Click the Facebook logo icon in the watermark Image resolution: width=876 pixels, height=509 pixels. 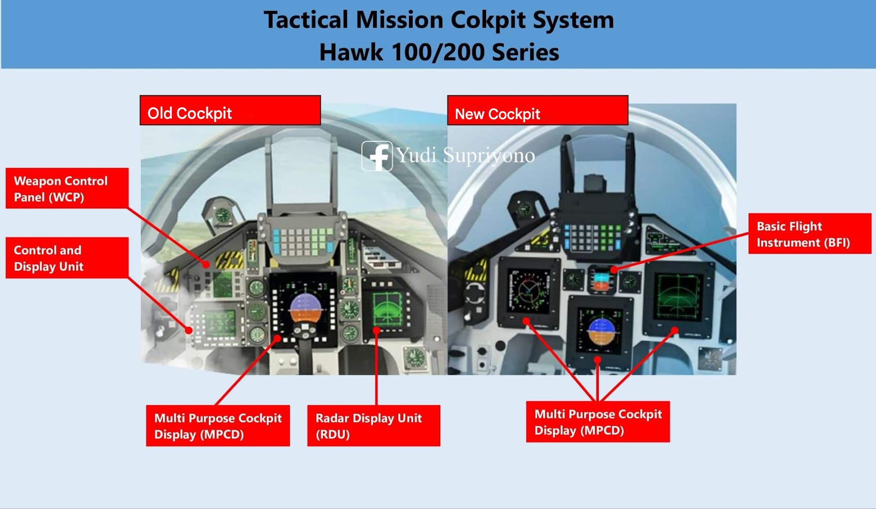pos(377,156)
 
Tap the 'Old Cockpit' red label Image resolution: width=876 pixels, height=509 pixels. pos(230,111)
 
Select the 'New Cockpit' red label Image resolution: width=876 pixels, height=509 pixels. pos(538,111)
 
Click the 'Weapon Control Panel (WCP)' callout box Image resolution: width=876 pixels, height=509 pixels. pos(67,188)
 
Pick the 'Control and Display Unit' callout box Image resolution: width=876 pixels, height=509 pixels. pos(67,258)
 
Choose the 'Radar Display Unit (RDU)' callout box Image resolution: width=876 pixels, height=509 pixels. pos(374,425)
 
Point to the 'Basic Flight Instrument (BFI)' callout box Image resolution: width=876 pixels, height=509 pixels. pos(810,233)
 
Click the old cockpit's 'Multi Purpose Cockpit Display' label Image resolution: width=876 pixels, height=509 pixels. pos(218,425)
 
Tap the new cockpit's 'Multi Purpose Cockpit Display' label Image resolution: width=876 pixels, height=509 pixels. pos(598,422)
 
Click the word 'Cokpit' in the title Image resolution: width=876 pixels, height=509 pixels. pos(488,20)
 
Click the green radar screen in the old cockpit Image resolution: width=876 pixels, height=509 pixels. pos(388,309)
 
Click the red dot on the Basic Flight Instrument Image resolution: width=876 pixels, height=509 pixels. pos(613,269)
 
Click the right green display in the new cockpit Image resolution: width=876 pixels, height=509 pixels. pos(678,297)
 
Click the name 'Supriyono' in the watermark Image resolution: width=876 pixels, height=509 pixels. pos(489,155)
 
